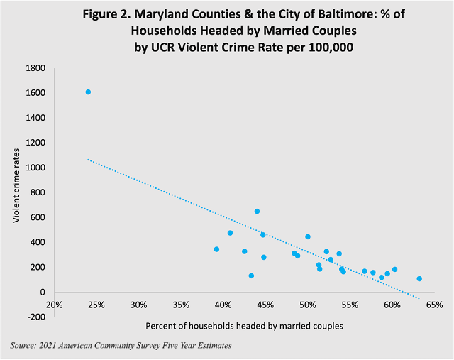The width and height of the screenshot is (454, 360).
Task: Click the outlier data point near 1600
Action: (88, 92)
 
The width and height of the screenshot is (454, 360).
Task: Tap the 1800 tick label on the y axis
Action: (36, 68)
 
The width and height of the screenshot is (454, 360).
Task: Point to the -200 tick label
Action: (36, 317)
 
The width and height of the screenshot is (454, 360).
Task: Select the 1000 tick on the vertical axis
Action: (36, 168)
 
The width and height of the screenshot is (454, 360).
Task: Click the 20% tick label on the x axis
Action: (55, 305)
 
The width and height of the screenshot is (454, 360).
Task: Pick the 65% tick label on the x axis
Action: (434, 305)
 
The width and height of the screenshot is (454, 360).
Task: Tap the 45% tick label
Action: (265, 305)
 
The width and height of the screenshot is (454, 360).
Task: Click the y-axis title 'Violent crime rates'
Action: (16, 192)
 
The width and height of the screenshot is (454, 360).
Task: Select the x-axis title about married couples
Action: (244, 326)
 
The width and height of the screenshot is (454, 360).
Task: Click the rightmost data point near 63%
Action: (419, 279)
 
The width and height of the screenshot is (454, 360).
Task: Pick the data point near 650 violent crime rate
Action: (257, 211)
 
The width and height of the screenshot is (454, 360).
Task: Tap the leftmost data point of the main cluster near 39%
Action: (216, 249)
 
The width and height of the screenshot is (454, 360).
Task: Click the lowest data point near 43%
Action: (251, 276)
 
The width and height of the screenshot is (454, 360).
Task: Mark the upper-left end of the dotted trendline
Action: (88, 159)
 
